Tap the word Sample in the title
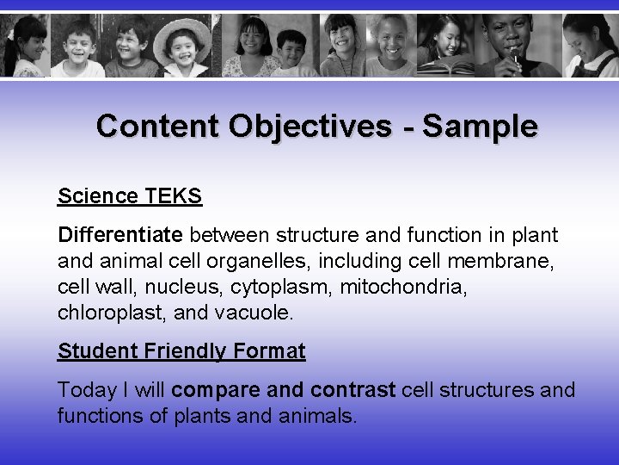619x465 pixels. [x=481, y=127]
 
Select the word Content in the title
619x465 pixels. [x=157, y=127]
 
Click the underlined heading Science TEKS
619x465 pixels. [x=130, y=196]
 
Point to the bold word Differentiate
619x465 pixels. [x=120, y=235]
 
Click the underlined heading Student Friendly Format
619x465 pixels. [x=181, y=351]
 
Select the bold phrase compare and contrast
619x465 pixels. [x=284, y=390]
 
